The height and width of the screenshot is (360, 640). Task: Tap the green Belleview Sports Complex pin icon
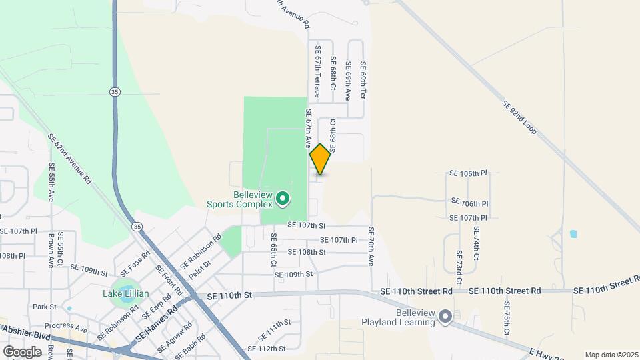(283, 198)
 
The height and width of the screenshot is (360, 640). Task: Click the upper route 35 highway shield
(115, 92)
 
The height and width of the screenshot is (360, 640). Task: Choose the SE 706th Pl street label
(470, 203)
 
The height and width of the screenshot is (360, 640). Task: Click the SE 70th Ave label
(371, 245)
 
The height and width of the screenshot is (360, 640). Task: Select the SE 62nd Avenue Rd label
(69, 158)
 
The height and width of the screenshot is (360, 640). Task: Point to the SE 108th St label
(306, 253)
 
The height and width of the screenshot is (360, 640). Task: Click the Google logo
(22, 351)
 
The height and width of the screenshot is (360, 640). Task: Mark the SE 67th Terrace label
(318, 72)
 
